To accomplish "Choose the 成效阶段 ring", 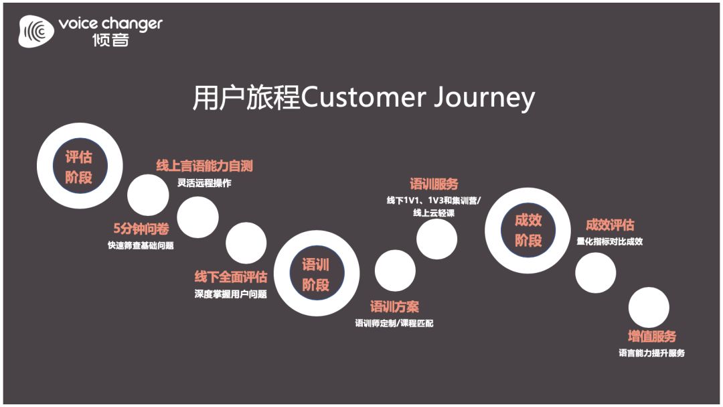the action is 528,230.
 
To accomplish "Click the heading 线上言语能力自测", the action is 204,166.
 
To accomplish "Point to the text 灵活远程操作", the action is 204,183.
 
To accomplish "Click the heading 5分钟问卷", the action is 141,228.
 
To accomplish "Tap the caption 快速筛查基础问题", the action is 141,245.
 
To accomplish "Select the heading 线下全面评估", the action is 231,276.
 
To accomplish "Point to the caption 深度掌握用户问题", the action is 231,294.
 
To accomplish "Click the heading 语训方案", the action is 395,307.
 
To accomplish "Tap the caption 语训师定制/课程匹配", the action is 395,324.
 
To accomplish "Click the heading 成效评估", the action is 610,225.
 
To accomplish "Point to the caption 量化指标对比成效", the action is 610,242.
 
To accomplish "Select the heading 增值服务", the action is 651,336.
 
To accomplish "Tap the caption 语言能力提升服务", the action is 651,353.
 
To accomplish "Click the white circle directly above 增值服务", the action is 649,308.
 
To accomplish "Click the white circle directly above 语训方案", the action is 395,271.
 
